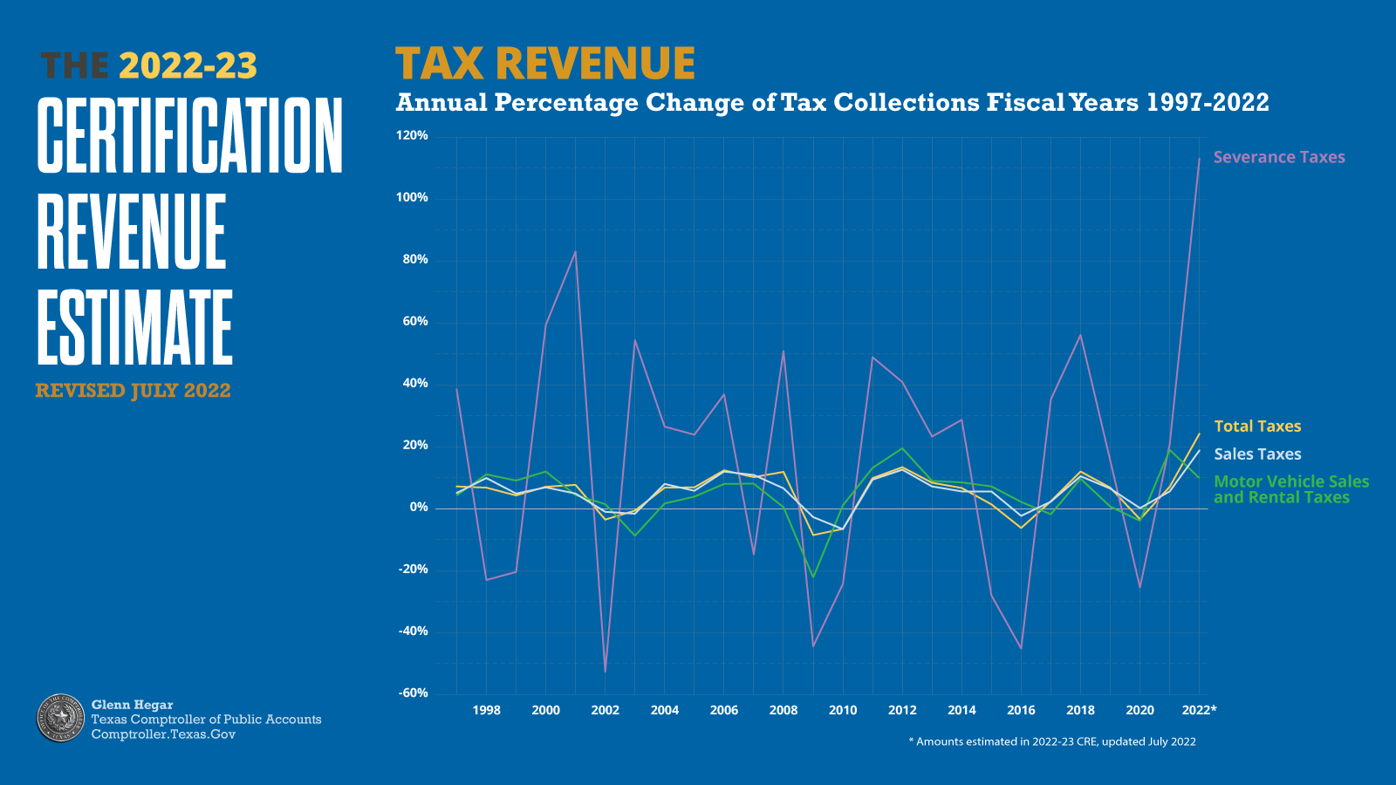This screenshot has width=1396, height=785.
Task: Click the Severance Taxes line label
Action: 1278,157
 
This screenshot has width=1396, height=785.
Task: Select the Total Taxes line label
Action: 1256,427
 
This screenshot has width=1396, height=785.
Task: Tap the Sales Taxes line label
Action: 1256,454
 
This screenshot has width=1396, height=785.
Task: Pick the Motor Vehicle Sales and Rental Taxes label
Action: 1290,489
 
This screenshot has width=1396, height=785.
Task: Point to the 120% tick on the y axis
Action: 412,136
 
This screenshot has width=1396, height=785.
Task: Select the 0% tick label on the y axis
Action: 418,508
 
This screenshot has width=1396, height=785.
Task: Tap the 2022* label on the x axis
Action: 1198,710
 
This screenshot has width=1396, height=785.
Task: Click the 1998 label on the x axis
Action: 486,710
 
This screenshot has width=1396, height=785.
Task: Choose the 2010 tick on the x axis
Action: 842,710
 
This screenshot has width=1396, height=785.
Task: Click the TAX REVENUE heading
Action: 544,64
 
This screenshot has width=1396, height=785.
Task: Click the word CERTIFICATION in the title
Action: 189,135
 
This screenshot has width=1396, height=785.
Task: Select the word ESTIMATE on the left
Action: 134,328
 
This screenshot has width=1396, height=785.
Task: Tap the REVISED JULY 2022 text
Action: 133,391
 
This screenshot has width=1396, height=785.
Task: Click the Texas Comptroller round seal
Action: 60,718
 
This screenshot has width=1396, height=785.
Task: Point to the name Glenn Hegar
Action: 132,705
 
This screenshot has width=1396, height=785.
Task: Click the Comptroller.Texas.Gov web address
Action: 163,734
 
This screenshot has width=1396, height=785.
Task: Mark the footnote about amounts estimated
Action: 1051,742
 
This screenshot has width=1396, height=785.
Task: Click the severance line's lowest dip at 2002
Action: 606,670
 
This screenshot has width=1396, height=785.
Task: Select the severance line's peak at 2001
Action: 575,252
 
